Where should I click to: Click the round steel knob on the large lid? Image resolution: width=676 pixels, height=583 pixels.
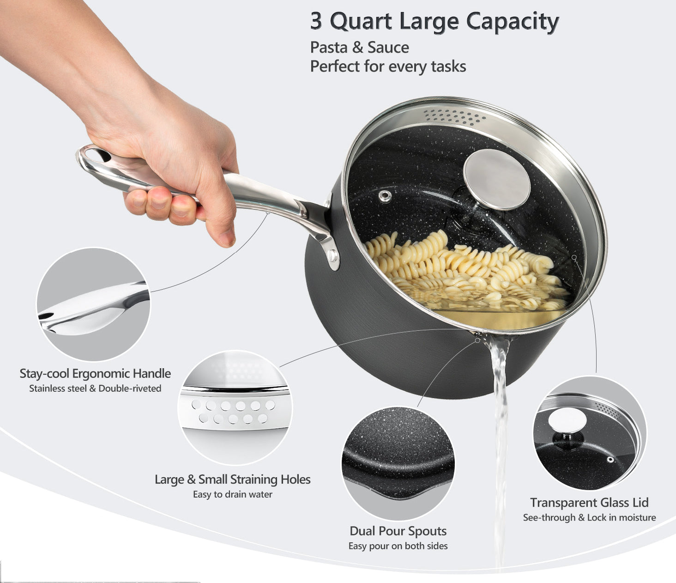[496, 179]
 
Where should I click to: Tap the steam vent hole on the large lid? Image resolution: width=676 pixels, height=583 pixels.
[385, 196]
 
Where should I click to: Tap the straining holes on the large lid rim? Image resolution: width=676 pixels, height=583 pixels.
[455, 117]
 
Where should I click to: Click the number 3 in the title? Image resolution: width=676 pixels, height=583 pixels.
[316, 22]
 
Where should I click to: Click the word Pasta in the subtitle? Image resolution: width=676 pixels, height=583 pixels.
[329, 48]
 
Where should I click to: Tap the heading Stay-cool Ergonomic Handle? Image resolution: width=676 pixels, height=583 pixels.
[95, 374]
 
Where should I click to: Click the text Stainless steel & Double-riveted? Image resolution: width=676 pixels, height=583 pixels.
[95, 389]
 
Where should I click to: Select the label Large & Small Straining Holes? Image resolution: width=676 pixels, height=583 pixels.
[233, 480]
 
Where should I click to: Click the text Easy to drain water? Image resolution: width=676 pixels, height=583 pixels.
[233, 494]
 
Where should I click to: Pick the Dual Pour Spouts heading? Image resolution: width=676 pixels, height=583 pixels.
[398, 531]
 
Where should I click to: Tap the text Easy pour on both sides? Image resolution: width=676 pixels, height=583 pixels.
[398, 546]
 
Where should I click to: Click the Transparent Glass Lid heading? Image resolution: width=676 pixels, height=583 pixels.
[589, 503]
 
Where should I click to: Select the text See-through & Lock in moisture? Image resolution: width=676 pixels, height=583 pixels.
[589, 517]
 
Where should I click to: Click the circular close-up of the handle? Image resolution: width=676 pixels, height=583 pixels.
[93, 304]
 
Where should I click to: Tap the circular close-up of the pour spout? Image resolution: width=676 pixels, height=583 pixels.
[398, 464]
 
